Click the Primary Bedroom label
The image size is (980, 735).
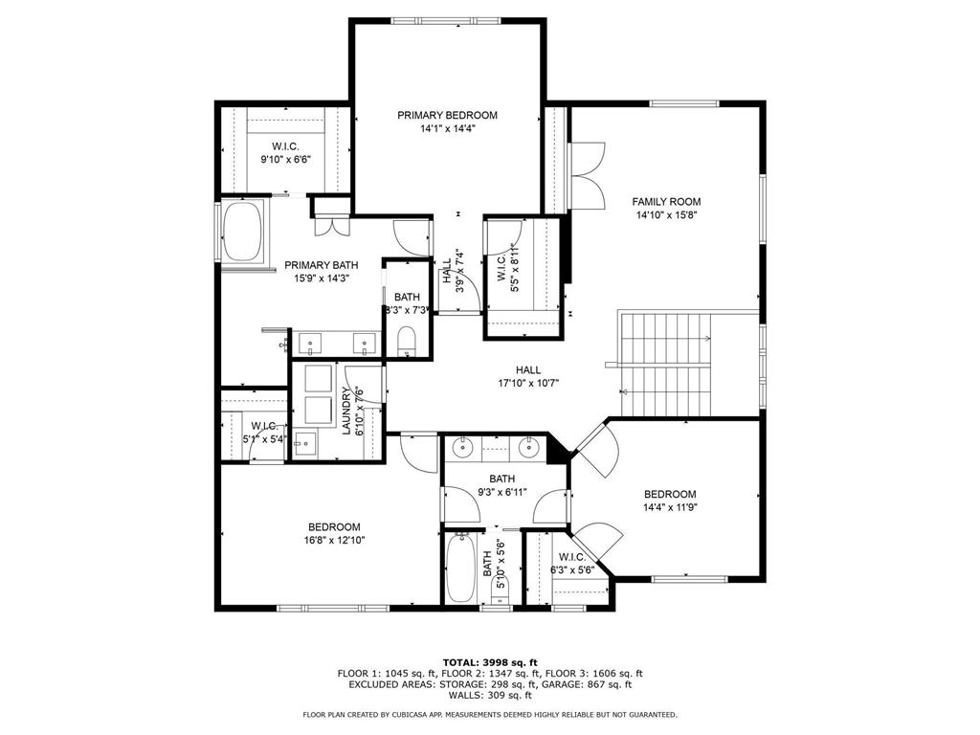pos(448,115)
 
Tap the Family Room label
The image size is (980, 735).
pos(666,201)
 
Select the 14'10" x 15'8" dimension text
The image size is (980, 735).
pos(666,215)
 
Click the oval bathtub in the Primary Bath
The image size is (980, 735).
pos(244,231)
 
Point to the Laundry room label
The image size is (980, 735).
pos(346,411)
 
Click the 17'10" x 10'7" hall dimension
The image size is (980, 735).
pos(528,383)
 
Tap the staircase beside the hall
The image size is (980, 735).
pos(666,364)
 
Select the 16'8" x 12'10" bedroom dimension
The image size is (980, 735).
pos(334,540)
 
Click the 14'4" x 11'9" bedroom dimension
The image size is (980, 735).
pos(670,507)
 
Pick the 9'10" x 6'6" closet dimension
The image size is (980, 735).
pos(285,160)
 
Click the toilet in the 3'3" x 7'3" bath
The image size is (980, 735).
pos(407,342)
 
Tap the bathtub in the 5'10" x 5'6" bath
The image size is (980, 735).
pos(462,567)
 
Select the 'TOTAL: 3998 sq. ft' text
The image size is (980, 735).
pos(490,662)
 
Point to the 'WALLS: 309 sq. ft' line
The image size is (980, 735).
pos(490,695)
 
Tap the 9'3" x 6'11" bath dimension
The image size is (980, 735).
pos(501,492)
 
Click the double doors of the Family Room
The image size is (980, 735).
pos(588,176)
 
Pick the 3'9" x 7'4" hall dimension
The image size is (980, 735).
pos(460,272)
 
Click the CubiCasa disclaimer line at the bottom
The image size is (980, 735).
pos(490,714)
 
